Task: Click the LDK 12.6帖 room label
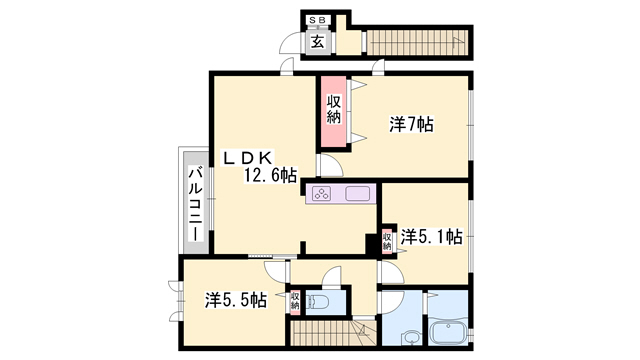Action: (259, 167)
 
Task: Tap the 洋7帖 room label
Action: (411, 124)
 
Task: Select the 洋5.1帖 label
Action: (431, 237)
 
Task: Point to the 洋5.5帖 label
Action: (236, 300)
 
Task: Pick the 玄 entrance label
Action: (318, 42)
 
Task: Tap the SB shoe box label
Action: (317, 20)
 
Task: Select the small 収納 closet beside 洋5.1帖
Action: (387, 241)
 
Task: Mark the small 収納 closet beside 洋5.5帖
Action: (295, 301)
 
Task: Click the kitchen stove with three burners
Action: (322, 193)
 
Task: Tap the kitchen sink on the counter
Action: (358, 193)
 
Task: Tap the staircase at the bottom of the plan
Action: (333, 333)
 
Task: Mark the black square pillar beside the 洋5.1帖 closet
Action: (372, 244)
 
